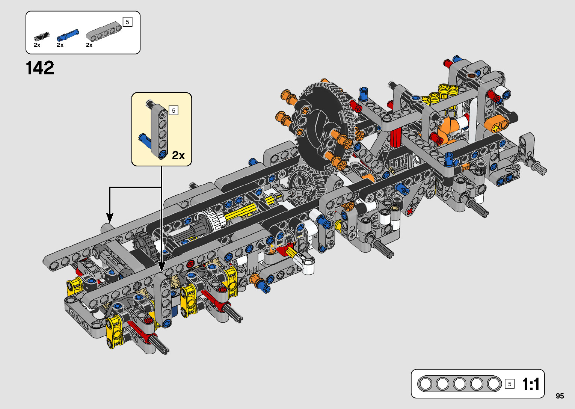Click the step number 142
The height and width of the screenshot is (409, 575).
point(40,68)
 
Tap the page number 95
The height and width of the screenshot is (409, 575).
point(560,396)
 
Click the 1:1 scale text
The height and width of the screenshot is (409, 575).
point(530,384)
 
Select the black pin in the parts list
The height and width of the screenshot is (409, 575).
point(42,36)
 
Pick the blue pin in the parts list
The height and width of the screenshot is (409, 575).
point(68,35)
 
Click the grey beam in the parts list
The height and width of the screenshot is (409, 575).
point(105,31)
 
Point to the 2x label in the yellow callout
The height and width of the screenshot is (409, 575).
point(178,155)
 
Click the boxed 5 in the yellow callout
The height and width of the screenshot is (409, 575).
point(174,110)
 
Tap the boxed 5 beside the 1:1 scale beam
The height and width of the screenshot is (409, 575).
point(510,384)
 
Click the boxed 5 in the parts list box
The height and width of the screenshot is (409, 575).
point(128,22)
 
